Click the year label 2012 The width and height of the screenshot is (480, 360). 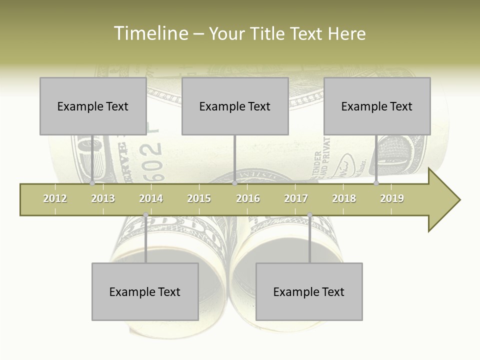click(55, 198)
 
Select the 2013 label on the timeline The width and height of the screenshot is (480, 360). click(103, 198)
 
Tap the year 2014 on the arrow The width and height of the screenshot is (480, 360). click(151, 198)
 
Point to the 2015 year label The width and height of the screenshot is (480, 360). click(199, 198)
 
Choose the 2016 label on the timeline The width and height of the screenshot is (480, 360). click(248, 198)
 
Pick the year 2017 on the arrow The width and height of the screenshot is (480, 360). click(296, 198)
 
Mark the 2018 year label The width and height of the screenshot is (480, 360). click(344, 198)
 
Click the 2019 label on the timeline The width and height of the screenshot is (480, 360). click(392, 198)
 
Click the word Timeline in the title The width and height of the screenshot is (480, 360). click(150, 33)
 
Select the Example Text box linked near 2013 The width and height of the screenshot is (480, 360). click(93, 106)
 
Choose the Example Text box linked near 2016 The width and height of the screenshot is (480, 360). click(235, 106)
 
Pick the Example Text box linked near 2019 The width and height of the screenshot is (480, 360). click(377, 106)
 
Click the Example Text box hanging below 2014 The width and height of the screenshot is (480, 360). click(145, 291)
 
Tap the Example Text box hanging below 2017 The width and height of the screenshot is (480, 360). click(309, 291)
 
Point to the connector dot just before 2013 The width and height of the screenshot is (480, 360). click(92, 183)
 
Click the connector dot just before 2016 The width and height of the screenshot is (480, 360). click(234, 183)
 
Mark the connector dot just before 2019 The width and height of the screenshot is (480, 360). click(376, 183)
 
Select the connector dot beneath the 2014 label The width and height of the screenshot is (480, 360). click(145, 215)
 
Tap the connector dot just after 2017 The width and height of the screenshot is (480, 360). click(309, 215)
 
